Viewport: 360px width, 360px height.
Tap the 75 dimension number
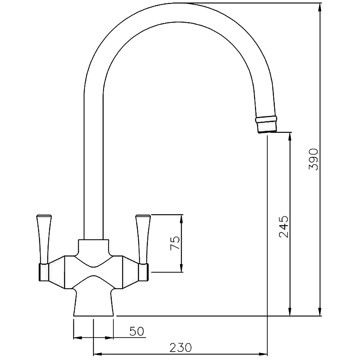point(175,243)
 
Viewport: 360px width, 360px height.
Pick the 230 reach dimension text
point(180,348)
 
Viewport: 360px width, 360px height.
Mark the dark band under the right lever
point(144,271)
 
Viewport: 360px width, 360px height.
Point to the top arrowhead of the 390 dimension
point(320,8)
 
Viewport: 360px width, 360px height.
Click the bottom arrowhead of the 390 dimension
point(320,312)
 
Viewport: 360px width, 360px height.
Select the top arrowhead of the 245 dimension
point(290,137)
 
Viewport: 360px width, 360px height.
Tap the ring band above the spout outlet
point(266,118)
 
